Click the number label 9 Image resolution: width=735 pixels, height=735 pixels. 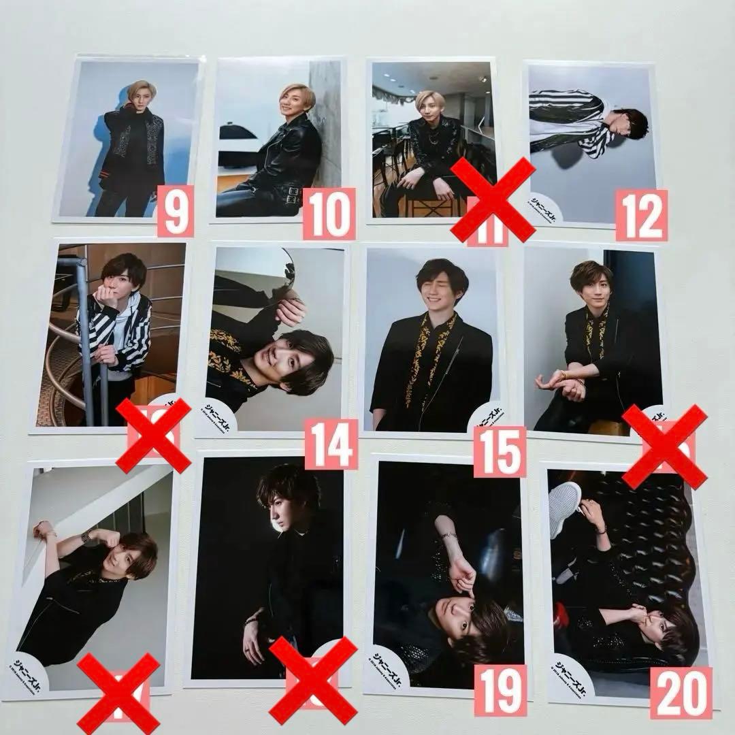coord(176,210)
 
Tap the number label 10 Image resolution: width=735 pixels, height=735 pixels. coord(329,214)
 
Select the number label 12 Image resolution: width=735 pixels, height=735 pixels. coord(641,215)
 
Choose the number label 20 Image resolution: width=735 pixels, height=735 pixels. coord(681,693)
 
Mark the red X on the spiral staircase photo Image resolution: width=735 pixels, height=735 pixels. coord(154,436)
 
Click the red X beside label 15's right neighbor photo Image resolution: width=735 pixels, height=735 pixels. coord(664,446)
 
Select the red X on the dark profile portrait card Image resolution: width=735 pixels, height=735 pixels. coord(313,680)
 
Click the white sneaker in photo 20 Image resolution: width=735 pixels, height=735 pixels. coord(566,500)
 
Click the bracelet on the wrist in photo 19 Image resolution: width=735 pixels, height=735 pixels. coord(448,538)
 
